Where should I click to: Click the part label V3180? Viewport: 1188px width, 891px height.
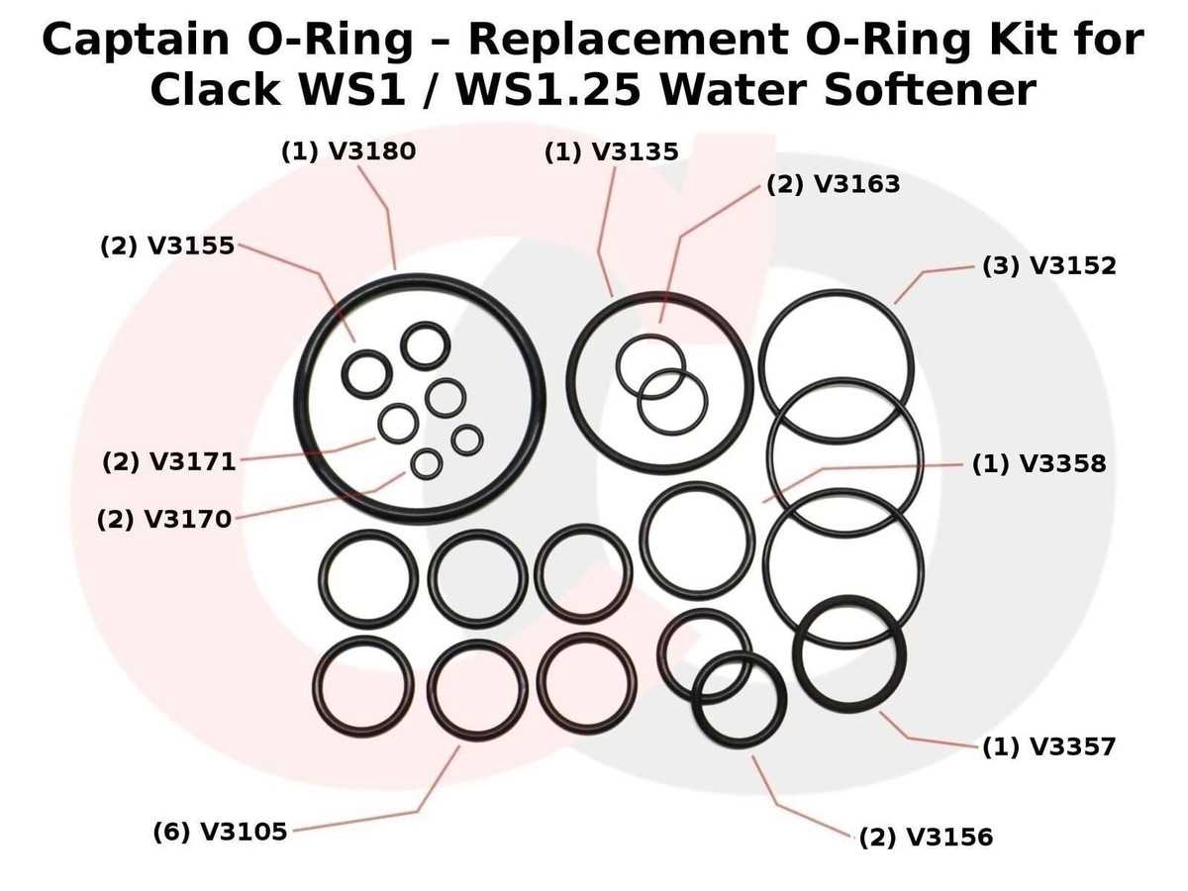click(x=372, y=151)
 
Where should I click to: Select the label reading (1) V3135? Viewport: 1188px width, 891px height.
click(x=612, y=152)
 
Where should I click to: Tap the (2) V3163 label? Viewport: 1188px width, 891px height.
click(x=834, y=184)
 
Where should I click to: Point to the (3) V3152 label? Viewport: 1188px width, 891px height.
click(x=1049, y=265)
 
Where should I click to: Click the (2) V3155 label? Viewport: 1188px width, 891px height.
click(x=167, y=247)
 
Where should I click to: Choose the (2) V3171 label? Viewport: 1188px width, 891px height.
click(x=169, y=462)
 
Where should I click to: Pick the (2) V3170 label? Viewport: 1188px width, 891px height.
click(x=164, y=520)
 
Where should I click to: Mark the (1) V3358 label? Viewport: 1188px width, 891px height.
click(x=1039, y=463)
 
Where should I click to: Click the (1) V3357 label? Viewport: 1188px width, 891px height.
click(x=1049, y=746)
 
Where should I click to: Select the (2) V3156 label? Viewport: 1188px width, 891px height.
click(x=926, y=837)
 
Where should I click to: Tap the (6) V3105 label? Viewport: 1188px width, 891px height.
click(x=221, y=832)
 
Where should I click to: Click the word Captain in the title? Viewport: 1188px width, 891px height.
click(x=137, y=40)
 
